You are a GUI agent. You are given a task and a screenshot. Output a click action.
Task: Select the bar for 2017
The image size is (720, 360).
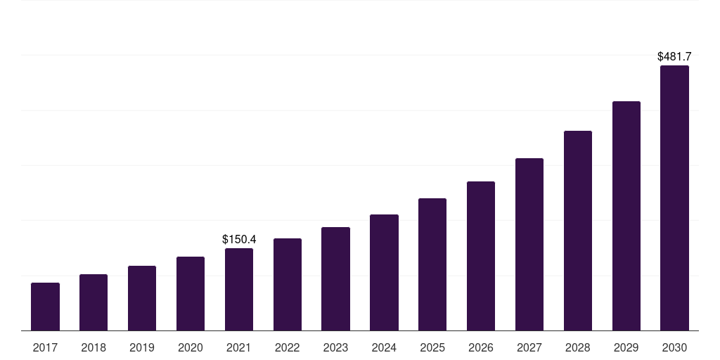[x=45, y=307]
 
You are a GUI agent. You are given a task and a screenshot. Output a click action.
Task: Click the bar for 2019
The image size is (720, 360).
[x=142, y=298]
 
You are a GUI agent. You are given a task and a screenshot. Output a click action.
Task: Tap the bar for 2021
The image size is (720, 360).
[x=239, y=290]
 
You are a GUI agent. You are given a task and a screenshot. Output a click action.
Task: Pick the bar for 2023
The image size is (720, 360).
[x=335, y=279]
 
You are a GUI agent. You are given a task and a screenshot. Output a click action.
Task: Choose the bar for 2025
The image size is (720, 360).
[x=432, y=264]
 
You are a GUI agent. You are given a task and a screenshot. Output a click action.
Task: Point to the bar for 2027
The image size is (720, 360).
[x=529, y=245]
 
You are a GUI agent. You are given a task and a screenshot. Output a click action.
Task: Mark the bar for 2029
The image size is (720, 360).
[x=626, y=217]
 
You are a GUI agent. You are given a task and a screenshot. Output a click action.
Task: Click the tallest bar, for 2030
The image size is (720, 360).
[x=674, y=198]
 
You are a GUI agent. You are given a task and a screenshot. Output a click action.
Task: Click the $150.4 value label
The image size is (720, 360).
[x=239, y=239]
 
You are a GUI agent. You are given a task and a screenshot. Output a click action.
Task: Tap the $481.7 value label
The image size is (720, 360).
[x=674, y=56]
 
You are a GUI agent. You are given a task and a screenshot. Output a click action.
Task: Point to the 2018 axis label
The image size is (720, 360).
[x=94, y=348]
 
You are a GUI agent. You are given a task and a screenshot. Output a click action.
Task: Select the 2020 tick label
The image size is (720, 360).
[x=191, y=348]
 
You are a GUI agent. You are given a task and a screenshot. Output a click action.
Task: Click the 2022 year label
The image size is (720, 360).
[x=288, y=348]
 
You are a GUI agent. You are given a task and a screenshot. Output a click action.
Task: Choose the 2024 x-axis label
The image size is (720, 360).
[x=385, y=348]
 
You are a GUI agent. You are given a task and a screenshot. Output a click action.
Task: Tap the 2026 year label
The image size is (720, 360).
[x=481, y=348]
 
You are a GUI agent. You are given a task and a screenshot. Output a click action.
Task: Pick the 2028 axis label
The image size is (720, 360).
[x=578, y=348]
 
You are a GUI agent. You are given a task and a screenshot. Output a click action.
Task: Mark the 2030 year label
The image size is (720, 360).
[x=674, y=348]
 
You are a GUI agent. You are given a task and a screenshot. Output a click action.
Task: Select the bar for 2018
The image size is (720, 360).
[x=94, y=302]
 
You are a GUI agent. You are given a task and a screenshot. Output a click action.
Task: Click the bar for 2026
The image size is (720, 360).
[x=481, y=256]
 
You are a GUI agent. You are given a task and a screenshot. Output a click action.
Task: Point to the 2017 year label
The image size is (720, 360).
[x=45, y=348]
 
